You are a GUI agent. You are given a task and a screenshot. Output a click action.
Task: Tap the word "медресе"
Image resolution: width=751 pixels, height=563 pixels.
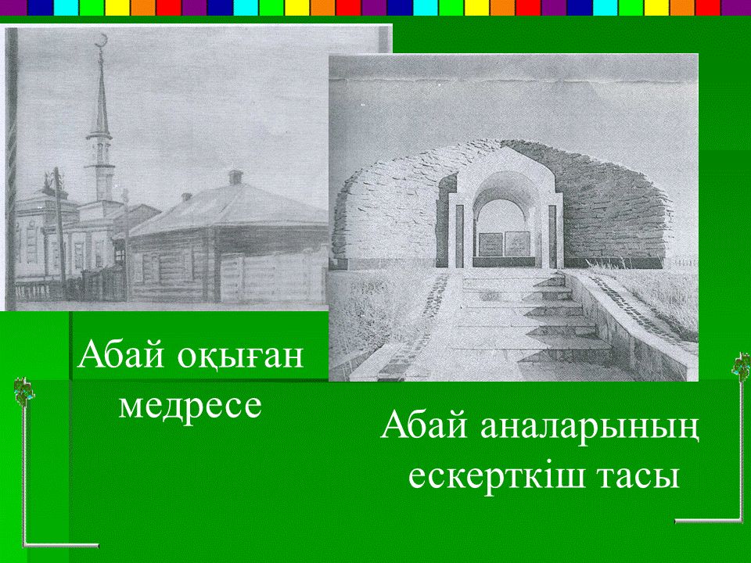(190, 407)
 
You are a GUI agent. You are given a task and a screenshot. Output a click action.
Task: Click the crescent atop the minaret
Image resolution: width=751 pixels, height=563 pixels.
(101, 41)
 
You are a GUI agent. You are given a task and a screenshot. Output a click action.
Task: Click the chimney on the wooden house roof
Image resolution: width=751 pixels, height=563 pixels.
(235, 177)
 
